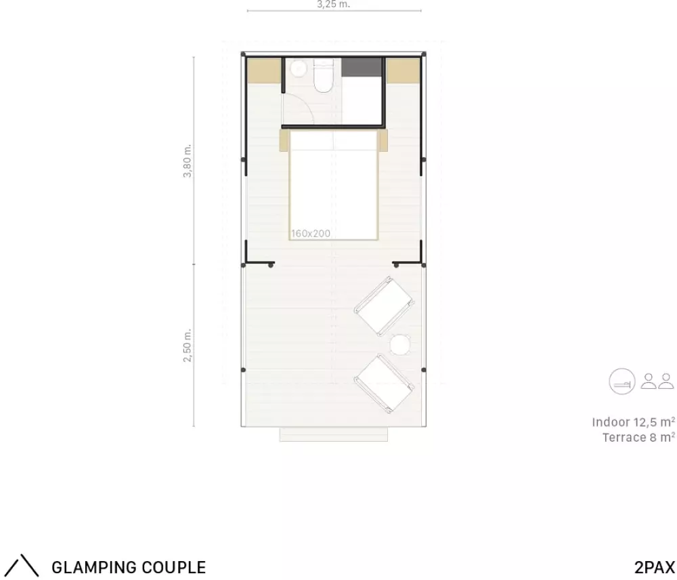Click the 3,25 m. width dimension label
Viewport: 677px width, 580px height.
333,4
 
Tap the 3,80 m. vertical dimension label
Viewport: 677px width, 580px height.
187,161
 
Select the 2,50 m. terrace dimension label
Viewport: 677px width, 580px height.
187,346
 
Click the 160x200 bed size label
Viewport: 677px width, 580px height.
311,233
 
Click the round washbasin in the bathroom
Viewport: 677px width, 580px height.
298,68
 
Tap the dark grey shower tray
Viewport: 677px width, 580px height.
362,67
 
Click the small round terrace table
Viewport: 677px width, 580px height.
400,346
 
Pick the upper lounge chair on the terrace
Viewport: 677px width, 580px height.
384,306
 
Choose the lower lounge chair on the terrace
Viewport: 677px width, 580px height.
384,384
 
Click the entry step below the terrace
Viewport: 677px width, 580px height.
333,434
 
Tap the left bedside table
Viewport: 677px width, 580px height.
284,141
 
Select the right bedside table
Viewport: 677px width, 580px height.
383,141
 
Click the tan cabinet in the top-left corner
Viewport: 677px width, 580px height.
264,70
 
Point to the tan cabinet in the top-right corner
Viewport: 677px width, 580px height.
403,70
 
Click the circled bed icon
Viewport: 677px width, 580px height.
622,381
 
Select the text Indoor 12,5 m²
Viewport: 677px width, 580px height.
634,422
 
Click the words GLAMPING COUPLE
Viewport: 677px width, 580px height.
129,566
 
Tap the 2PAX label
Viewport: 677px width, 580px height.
655,566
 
